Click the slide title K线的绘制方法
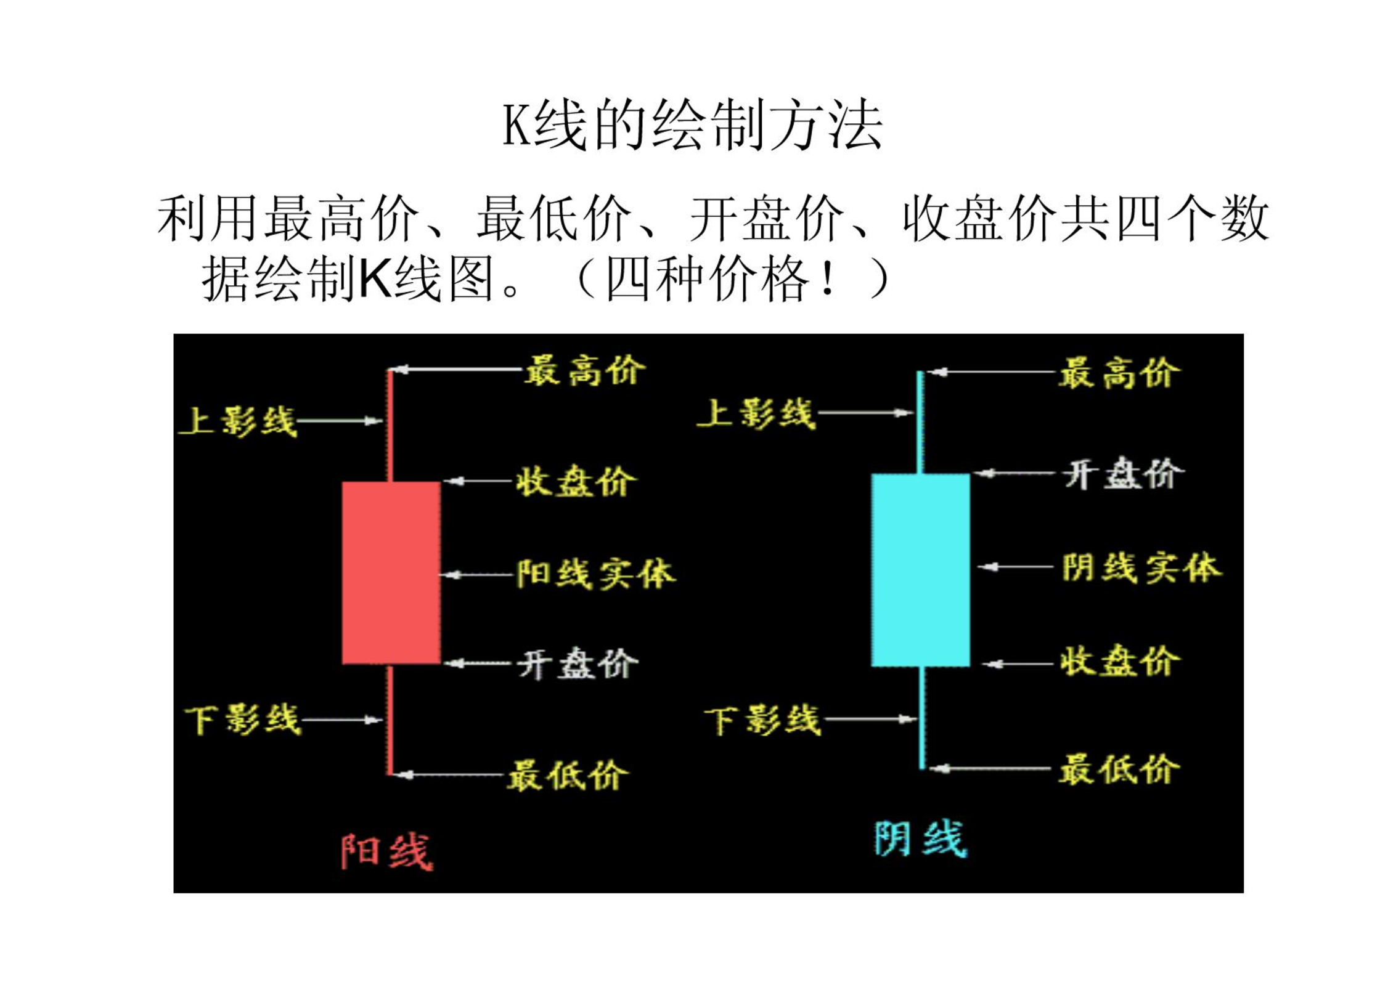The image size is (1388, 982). [x=693, y=125]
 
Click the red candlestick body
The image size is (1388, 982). [x=391, y=572]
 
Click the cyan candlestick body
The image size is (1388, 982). [x=920, y=570]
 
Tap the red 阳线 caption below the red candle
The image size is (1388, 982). [x=387, y=852]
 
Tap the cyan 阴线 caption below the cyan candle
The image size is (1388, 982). [x=921, y=839]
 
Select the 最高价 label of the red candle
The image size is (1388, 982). [x=584, y=370]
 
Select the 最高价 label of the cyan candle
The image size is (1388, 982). [x=1119, y=373]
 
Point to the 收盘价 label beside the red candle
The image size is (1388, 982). [x=575, y=481]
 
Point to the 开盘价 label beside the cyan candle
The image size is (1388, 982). [x=1123, y=474]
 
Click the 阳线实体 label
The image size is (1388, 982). [x=595, y=574]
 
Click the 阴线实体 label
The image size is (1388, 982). [x=1141, y=567]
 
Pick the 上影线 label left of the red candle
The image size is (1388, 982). [x=238, y=422]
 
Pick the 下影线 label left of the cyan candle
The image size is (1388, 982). [x=762, y=720]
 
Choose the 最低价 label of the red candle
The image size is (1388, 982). [x=567, y=775]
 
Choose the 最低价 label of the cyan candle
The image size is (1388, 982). [x=1119, y=769]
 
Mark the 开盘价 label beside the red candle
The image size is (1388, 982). [x=577, y=664]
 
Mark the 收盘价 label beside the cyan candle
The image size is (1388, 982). [x=1119, y=660]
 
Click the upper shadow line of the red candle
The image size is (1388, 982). [x=390, y=425]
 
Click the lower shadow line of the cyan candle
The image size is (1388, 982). [x=922, y=718]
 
